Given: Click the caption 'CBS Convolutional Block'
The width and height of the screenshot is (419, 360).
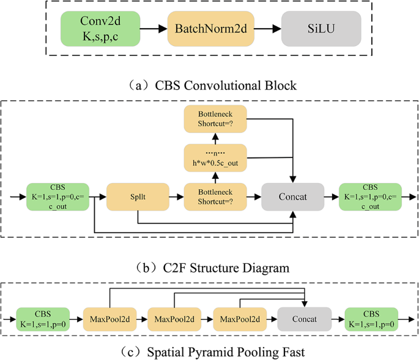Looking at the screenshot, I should click(x=209, y=85).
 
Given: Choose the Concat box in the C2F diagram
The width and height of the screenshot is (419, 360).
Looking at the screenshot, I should click(x=292, y=197).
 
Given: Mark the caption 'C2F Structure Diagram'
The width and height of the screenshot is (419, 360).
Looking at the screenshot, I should click(x=209, y=268).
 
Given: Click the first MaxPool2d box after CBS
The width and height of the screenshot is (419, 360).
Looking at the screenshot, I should click(x=109, y=320).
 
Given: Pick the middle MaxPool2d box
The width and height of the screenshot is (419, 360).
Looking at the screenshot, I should click(x=174, y=320).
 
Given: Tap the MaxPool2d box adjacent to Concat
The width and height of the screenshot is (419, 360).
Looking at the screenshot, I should click(x=239, y=320).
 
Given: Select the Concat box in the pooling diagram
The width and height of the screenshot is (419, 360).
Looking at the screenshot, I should click(x=305, y=320).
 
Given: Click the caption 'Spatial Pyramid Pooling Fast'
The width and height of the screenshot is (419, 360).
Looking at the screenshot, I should click(x=209, y=351).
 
